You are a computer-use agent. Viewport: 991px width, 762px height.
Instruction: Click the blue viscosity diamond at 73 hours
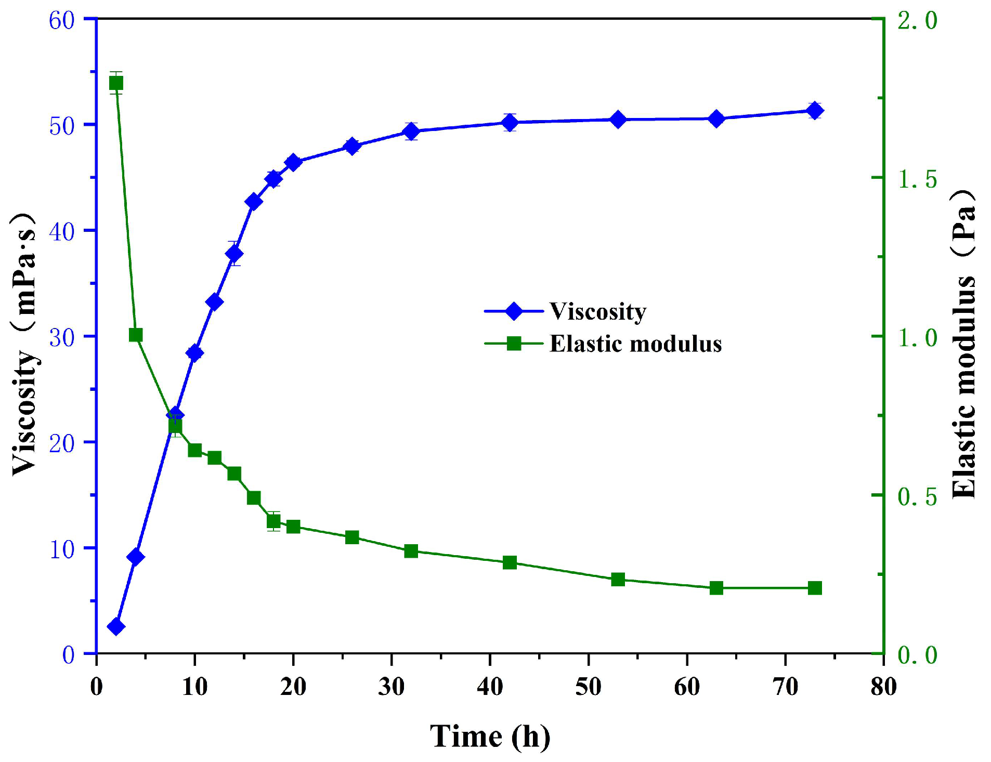815,111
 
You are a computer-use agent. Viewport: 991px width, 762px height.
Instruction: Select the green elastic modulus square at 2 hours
116,83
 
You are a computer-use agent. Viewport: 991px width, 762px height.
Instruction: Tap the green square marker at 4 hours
136,335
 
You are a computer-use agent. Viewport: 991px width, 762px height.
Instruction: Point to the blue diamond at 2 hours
116,626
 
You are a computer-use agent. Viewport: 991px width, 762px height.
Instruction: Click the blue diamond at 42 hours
510,123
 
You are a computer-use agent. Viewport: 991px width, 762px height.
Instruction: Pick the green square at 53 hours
618,579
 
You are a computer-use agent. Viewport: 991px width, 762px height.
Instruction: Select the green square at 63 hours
716,588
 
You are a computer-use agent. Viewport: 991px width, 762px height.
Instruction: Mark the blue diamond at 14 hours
234,253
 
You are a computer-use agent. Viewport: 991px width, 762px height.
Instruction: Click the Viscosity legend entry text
598,311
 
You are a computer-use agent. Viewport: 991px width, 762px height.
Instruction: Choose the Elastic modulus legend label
635,344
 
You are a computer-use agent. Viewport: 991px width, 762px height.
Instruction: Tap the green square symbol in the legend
513,343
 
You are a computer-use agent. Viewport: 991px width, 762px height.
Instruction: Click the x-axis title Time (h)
490,736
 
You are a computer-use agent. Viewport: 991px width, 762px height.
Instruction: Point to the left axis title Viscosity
24,343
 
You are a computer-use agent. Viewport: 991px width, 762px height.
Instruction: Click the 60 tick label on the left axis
62,21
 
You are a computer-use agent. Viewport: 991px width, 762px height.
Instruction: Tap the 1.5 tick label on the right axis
917,179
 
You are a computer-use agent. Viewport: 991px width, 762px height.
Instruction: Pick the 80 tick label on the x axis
883,687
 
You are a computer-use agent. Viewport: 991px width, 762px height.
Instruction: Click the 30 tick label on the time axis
391,687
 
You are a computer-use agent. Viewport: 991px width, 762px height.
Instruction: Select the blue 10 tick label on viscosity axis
62,549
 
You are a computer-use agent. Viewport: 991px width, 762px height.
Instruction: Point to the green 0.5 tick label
917,496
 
